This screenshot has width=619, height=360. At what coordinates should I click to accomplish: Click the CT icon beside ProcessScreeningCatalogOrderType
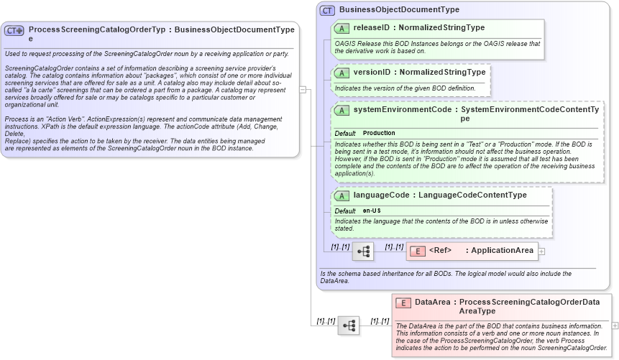14,31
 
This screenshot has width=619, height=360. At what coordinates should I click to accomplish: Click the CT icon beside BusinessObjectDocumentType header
328,10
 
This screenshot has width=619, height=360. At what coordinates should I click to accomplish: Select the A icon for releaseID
343,28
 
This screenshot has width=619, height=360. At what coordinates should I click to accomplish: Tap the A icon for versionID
343,73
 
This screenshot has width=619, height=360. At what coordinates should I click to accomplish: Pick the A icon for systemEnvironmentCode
343,110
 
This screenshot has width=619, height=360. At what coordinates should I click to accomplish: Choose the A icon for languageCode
343,195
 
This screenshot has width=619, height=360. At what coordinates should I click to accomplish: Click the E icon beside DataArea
404,303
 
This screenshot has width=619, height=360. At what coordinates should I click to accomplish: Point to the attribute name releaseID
372,27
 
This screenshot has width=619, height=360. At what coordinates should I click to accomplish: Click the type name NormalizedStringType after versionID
442,72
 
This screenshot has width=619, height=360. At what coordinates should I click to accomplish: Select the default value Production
379,134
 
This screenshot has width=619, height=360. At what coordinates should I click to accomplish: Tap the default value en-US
372,211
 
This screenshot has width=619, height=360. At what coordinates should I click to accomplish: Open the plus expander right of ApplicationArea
541,251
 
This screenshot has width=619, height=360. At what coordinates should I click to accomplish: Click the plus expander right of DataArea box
615,326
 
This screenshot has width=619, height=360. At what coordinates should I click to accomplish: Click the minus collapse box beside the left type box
303,90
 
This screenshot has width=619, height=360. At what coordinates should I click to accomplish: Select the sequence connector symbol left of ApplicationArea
362,251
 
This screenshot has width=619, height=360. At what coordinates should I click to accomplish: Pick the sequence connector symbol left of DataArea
349,326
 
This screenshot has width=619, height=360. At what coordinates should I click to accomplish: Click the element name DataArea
432,303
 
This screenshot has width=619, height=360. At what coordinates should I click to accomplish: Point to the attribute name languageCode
381,195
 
